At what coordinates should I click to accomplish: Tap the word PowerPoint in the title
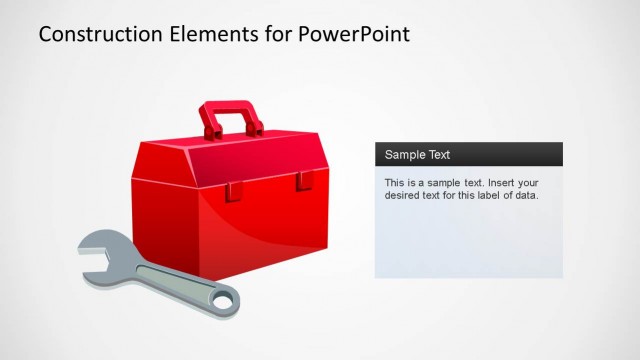[354, 35]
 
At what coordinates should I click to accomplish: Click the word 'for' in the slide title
[275, 35]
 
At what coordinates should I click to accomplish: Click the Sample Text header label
[417, 155]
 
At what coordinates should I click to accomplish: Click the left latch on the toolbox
[232, 190]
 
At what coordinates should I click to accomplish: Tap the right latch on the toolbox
[303, 182]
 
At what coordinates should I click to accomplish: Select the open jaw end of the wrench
[100, 250]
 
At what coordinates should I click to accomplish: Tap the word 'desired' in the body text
[404, 196]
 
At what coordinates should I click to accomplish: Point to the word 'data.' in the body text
[526, 196]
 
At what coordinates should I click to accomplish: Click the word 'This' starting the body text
[396, 183]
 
